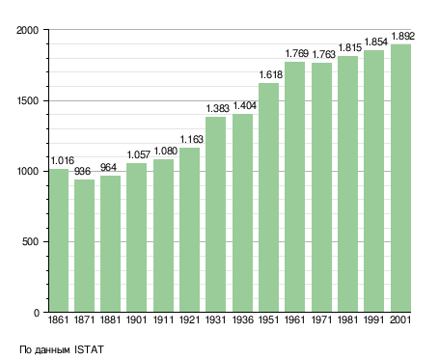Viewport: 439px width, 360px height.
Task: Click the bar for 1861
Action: [59, 240]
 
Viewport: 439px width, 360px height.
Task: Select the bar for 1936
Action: [242, 213]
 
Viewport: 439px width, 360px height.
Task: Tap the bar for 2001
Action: [400, 178]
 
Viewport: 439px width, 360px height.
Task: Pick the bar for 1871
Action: [85, 246]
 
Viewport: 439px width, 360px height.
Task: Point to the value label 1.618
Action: [271, 74]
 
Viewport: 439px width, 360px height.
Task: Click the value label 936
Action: [82, 171]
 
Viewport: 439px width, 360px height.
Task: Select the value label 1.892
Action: [403, 36]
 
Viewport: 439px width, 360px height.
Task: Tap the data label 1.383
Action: [218, 108]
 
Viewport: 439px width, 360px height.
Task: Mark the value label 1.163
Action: [192, 139]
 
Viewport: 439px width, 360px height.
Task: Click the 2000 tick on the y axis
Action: [27, 30]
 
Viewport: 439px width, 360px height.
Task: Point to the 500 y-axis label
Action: [30, 241]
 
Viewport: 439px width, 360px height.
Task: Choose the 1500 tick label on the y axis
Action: [27, 100]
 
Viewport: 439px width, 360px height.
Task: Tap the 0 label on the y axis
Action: [36, 313]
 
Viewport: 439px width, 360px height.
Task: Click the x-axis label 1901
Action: [137, 320]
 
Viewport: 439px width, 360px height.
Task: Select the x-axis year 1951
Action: [269, 320]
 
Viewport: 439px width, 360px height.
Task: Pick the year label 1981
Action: [348, 320]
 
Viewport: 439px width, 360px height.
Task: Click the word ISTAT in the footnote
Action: [89, 349]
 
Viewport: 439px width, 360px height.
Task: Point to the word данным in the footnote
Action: [52, 350]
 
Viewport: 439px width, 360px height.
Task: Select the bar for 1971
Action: [321, 187]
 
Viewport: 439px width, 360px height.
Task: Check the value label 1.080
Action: [166, 151]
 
